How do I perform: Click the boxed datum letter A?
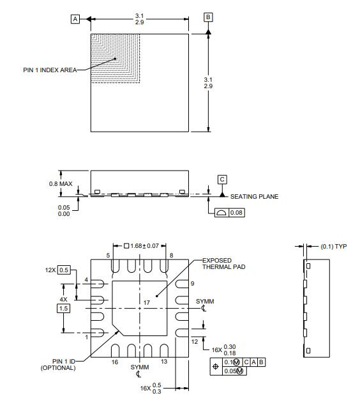click(x=75, y=19)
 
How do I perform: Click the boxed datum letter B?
click(x=208, y=17)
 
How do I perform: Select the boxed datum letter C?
click(x=222, y=180)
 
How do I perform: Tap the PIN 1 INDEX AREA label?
click(x=50, y=70)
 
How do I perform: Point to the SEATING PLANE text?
click(x=254, y=196)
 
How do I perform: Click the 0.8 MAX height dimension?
click(x=61, y=183)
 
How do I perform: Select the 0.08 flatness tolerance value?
click(x=236, y=213)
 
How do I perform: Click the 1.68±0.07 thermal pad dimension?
click(x=142, y=246)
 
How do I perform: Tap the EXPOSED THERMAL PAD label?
click(x=223, y=263)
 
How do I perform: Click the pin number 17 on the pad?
click(x=147, y=303)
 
